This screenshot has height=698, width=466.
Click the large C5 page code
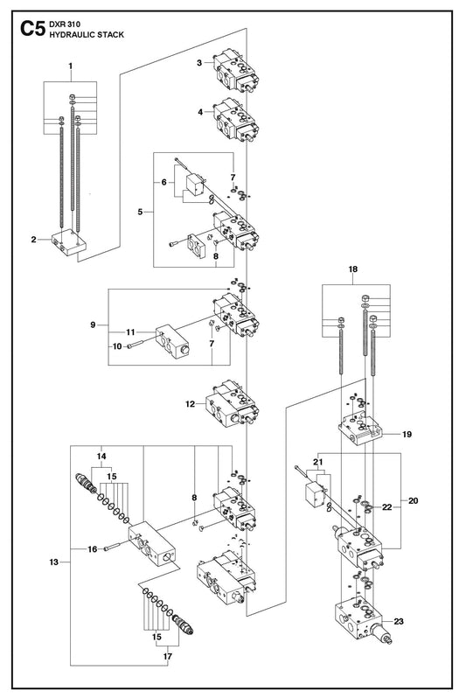[32, 29]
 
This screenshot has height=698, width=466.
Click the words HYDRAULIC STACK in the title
[87, 35]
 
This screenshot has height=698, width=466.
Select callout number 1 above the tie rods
[70, 66]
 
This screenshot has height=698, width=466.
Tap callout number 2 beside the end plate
[34, 240]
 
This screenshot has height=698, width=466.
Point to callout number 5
[140, 212]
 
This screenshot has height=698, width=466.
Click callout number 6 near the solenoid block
[164, 182]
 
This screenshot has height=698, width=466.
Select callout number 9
[93, 325]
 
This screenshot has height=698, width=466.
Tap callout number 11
[130, 332]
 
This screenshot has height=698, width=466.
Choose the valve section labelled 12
[232, 404]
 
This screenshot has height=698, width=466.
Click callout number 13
[54, 562]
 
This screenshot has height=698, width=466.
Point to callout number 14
[102, 457]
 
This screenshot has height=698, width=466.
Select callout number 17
[168, 657]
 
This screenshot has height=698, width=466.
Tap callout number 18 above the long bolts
[353, 269]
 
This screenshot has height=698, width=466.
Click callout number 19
[407, 435]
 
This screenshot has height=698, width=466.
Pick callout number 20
[414, 501]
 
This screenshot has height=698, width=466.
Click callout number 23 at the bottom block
[399, 621]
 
